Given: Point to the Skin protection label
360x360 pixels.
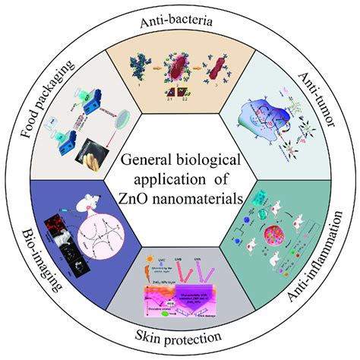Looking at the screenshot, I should [x=179, y=335].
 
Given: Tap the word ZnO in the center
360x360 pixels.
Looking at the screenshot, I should [x=136, y=200].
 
